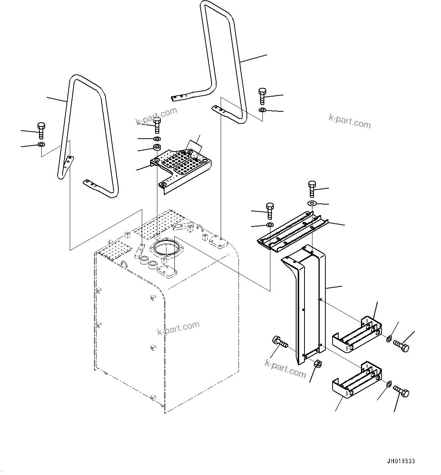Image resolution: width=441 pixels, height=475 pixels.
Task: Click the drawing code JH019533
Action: tap(401, 461)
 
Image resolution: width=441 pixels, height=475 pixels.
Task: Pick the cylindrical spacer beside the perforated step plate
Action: tap(157, 147)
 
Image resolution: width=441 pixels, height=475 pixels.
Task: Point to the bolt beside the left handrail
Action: tap(41, 130)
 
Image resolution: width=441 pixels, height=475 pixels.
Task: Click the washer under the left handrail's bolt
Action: tap(41, 145)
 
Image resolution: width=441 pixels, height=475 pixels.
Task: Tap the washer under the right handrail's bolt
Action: tap(262, 110)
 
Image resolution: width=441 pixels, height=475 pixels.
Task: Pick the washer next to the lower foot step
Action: tap(389, 385)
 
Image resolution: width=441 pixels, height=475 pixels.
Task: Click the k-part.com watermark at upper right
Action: tap(350, 121)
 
